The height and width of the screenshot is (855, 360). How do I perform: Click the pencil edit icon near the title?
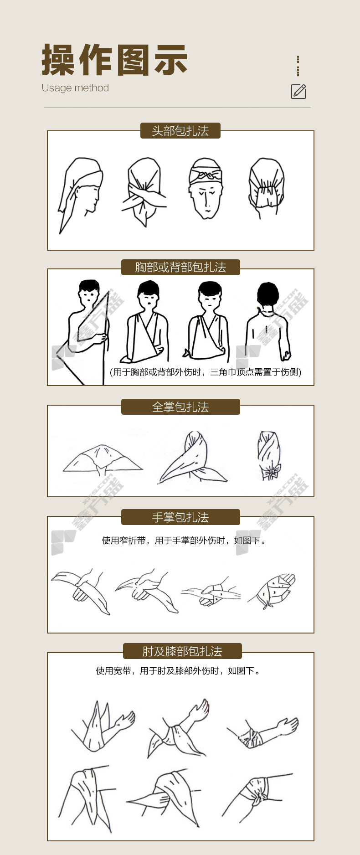tap(298, 91)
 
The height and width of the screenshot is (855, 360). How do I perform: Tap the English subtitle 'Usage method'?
tap(75, 88)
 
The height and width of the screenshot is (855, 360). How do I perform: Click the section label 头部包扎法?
tap(180, 131)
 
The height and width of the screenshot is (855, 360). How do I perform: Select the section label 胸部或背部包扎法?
tap(180, 267)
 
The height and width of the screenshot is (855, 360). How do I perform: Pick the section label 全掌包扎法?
tap(180, 407)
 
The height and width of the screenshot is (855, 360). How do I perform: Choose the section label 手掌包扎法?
tap(180, 517)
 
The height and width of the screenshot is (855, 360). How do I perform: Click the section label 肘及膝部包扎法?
tap(182, 651)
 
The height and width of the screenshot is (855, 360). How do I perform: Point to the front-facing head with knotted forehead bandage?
tap(206, 188)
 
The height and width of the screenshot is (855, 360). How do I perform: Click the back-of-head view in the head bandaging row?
tap(267, 188)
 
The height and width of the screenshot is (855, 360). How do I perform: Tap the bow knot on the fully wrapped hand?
tap(271, 471)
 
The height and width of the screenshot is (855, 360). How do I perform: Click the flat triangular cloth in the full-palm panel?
tap(103, 459)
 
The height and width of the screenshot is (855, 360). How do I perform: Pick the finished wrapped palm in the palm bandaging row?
tap(272, 591)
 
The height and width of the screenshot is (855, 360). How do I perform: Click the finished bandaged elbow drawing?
tap(263, 733)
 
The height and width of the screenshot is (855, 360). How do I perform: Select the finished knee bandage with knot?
tap(257, 795)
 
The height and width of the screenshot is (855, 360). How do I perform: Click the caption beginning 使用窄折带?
tap(184, 541)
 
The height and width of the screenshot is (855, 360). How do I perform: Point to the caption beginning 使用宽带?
tap(178, 671)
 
